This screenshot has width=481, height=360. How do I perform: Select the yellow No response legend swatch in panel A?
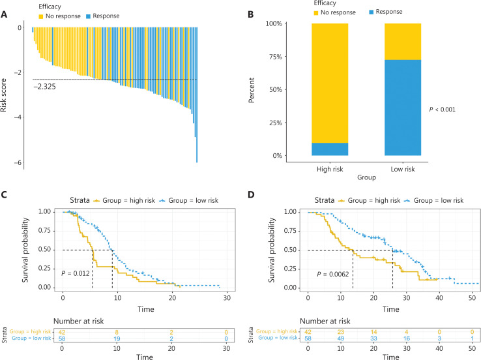coord(23,16)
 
